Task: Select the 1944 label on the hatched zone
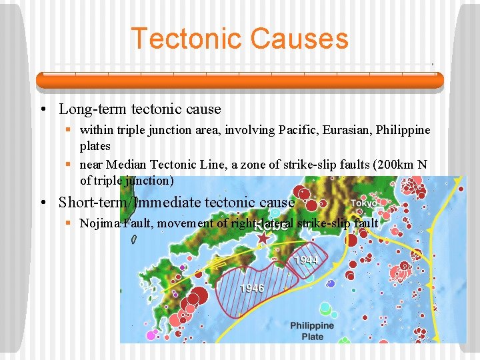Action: point(305,260)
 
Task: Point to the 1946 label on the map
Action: point(251,288)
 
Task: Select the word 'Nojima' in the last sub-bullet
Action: point(100,223)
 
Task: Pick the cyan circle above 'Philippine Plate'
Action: point(325,308)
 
